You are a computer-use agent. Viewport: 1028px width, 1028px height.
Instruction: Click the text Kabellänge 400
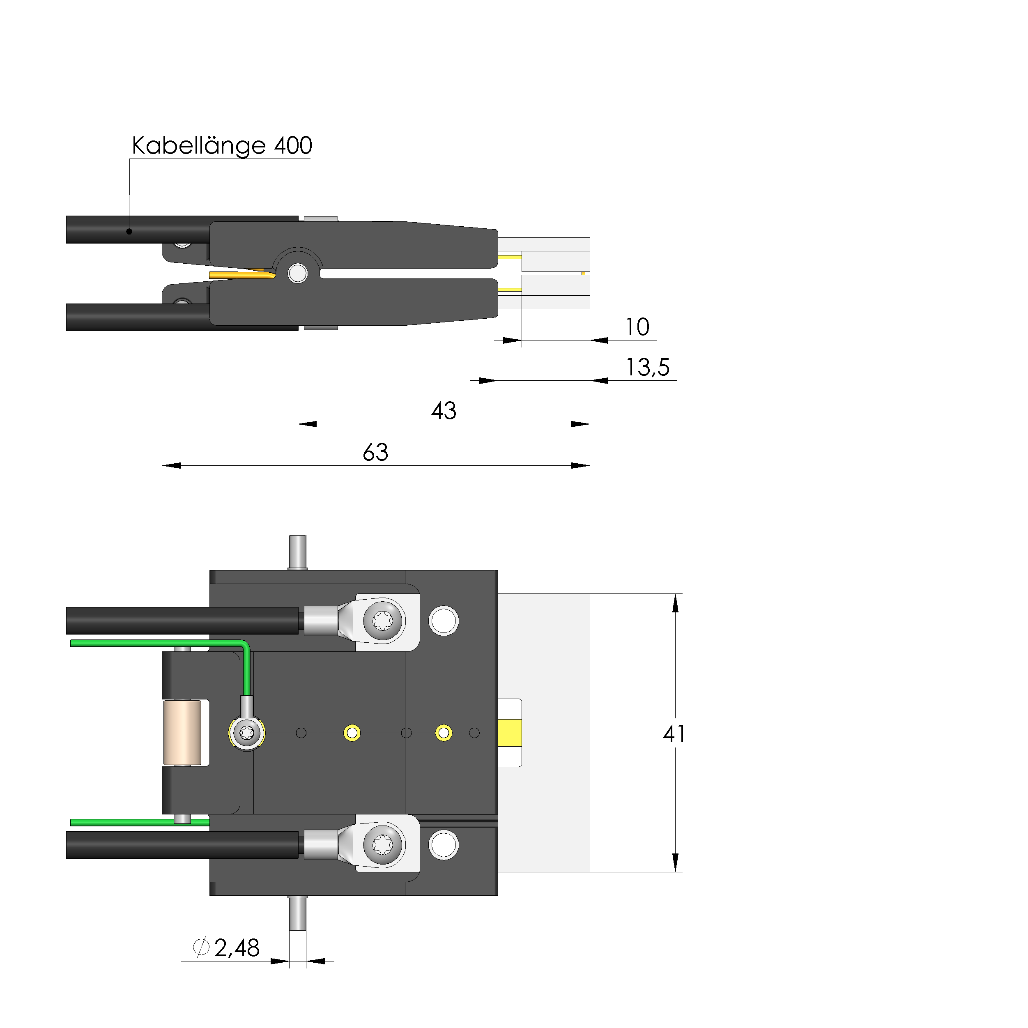click(222, 146)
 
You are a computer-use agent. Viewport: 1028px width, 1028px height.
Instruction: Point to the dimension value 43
click(444, 411)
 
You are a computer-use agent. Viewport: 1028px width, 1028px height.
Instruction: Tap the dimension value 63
click(376, 453)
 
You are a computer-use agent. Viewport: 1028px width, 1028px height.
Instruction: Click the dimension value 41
click(674, 734)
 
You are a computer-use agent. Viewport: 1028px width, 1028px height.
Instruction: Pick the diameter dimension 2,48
click(237, 948)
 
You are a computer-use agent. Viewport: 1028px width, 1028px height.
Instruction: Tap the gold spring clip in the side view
click(242, 275)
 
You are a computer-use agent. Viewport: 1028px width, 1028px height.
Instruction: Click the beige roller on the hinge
click(182, 733)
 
